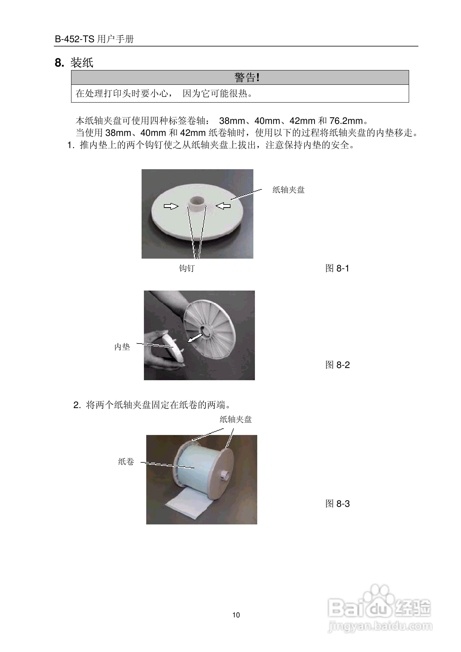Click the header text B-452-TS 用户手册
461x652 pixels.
click(94, 39)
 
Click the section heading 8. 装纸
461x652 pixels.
click(74, 63)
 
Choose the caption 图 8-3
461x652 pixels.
click(337, 504)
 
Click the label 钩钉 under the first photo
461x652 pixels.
click(187, 268)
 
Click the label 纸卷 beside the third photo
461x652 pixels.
click(126, 462)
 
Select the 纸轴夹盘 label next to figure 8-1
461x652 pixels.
click(288, 190)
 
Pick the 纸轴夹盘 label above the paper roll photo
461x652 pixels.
click(236, 419)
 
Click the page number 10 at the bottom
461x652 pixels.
click(236, 615)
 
